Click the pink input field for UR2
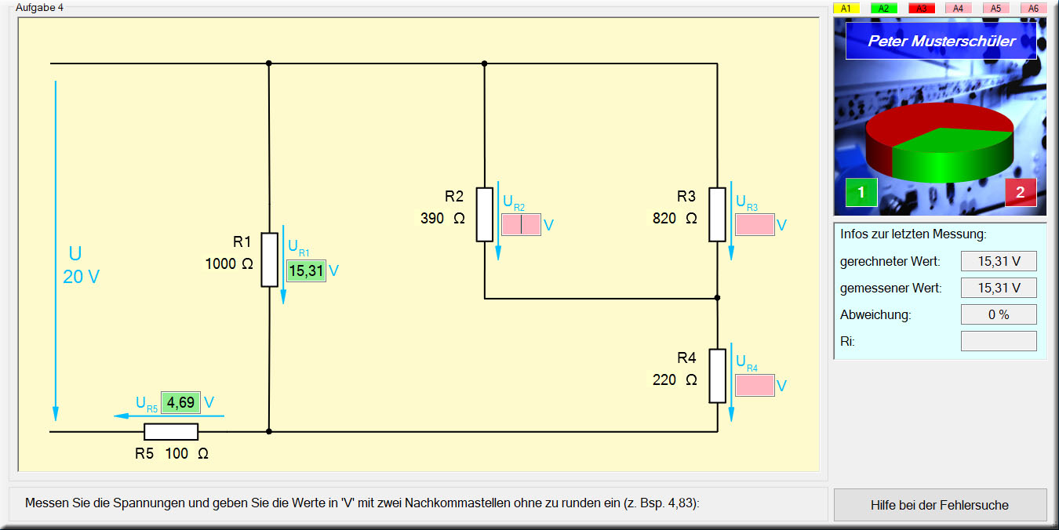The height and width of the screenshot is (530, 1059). point(521,224)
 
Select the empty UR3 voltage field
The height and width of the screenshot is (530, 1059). point(755,224)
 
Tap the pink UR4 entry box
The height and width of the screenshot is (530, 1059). point(755,385)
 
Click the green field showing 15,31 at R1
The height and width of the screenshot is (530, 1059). point(306,270)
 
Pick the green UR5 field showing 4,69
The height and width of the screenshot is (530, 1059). point(180,402)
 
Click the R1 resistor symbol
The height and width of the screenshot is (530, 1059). point(269,260)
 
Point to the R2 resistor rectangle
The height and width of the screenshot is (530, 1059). point(485,214)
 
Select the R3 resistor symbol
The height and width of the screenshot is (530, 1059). point(717,214)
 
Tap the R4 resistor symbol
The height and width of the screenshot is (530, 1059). point(717,376)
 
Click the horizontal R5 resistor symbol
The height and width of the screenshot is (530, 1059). point(171,431)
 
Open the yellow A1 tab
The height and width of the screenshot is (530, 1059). point(846,8)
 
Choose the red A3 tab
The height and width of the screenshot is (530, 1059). point(921,8)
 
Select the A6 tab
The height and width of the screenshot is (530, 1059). point(1033,8)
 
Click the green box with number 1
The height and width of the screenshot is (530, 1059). point(861,192)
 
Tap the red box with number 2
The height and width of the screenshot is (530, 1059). point(1020,192)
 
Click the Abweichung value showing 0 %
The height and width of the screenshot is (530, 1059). point(999,314)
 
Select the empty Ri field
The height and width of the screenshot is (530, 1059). point(999,341)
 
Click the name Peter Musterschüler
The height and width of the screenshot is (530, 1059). point(941,41)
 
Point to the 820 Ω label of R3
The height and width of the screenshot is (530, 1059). point(675,218)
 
